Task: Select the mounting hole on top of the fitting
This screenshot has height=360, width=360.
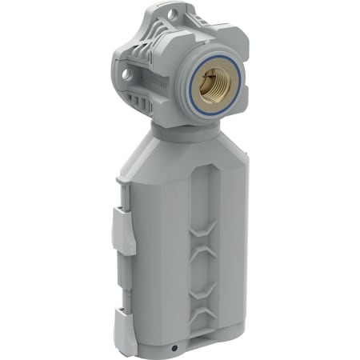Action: (x=170, y=14)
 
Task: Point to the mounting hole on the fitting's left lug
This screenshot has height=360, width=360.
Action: (x=126, y=76)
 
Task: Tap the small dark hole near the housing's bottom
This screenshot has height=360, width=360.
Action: (x=174, y=349)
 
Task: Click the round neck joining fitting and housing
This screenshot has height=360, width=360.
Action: (x=182, y=130)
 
